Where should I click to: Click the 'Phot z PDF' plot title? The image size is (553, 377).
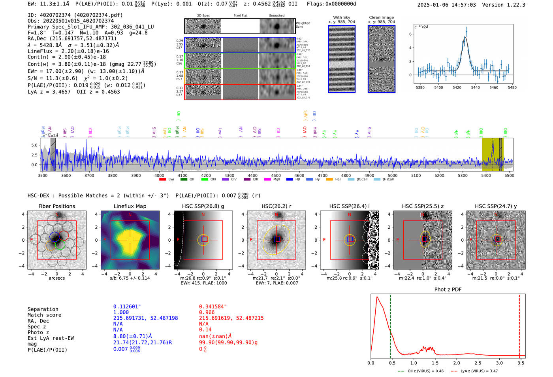point(448,290)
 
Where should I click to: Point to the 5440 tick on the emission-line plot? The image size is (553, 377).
point(475,87)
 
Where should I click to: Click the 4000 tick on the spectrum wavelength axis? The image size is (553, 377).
point(159,175)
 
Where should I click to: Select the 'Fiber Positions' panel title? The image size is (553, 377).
point(56,206)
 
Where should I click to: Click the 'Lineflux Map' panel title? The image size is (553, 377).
point(130,206)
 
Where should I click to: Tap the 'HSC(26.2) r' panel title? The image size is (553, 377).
point(276,206)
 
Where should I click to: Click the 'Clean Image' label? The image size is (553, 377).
point(381,17)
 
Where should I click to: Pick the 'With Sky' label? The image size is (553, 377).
point(341,17)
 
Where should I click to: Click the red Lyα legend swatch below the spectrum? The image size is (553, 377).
point(162,180)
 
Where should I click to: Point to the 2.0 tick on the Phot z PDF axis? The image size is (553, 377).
point(456,363)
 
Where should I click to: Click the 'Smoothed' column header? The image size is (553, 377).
point(276,16)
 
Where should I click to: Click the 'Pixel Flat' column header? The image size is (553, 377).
point(240,16)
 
